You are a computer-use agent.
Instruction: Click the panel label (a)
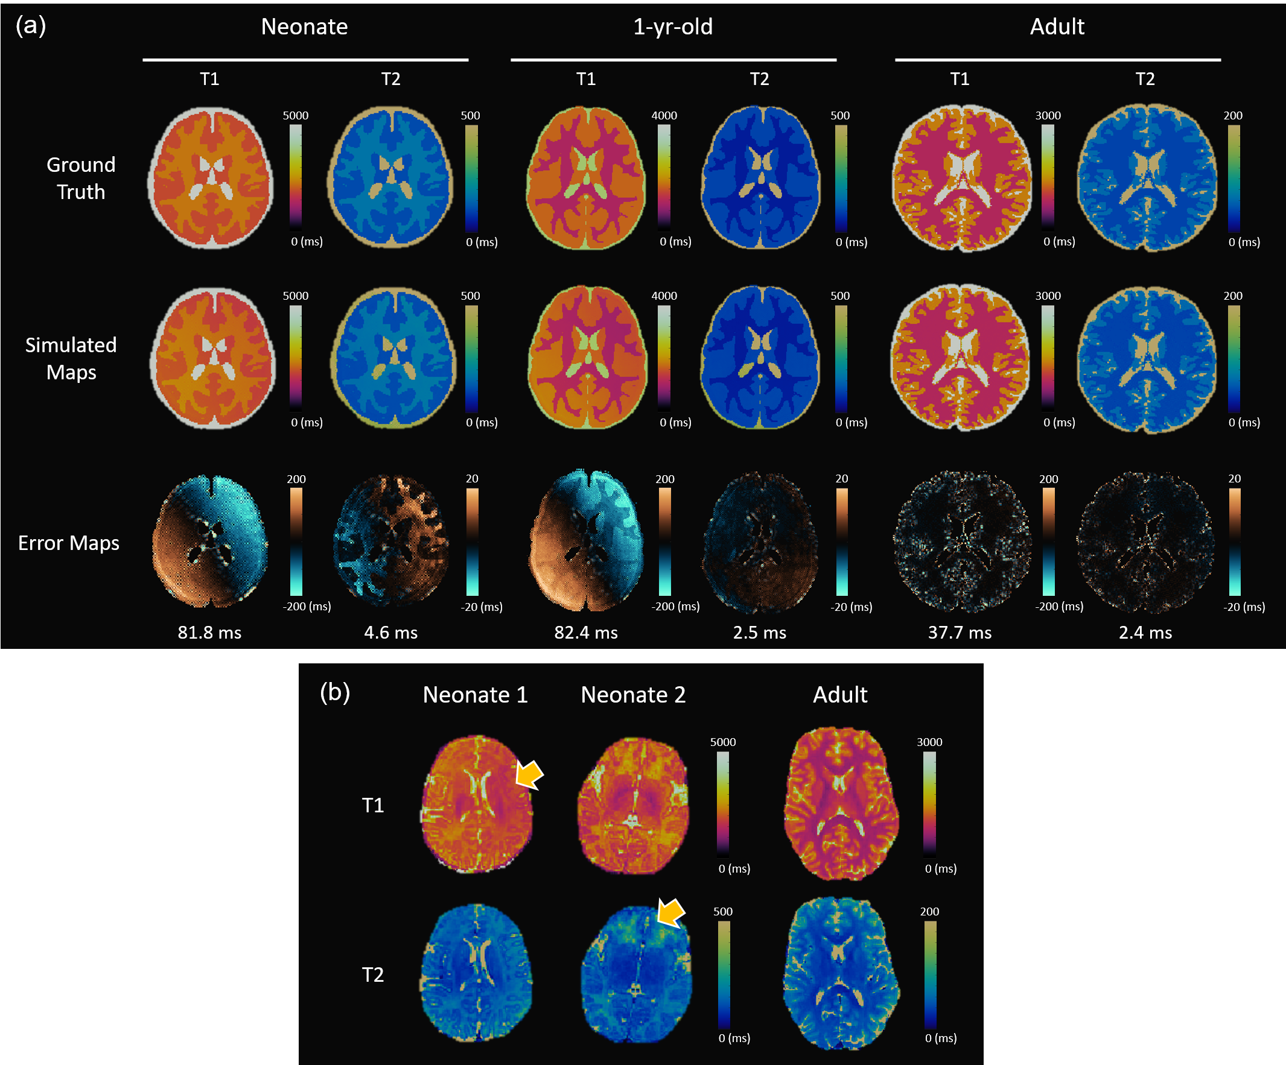(x=31, y=27)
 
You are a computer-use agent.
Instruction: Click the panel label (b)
(x=335, y=693)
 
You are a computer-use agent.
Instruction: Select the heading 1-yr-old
(x=673, y=27)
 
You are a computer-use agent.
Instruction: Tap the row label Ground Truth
(x=81, y=178)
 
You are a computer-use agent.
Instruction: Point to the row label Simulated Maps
(x=71, y=359)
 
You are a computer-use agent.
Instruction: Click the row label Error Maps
(x=69, y=543)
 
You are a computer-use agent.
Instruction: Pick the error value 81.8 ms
(x=209, y=632)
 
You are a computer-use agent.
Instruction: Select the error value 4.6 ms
(x=390, y=632)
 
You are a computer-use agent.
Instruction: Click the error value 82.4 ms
(x=586, y=632)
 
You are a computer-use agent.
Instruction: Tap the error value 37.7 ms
(x=960, y=632)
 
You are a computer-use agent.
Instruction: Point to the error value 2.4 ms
(x=1145, y=632)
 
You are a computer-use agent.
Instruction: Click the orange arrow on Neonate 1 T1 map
(x=529, y=775)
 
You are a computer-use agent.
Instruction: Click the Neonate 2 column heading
(x=633, y=695)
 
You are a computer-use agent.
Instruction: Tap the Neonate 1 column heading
(x=475, y=695)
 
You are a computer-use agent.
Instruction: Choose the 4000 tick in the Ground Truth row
(x=664, y=116)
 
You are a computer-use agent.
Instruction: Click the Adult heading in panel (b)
(x=840, y=695)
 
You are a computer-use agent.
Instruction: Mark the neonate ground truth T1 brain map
(x=210, y=177)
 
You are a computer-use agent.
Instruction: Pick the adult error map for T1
(x=962, y=542)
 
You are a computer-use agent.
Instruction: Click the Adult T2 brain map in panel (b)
(x=841, y=974)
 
